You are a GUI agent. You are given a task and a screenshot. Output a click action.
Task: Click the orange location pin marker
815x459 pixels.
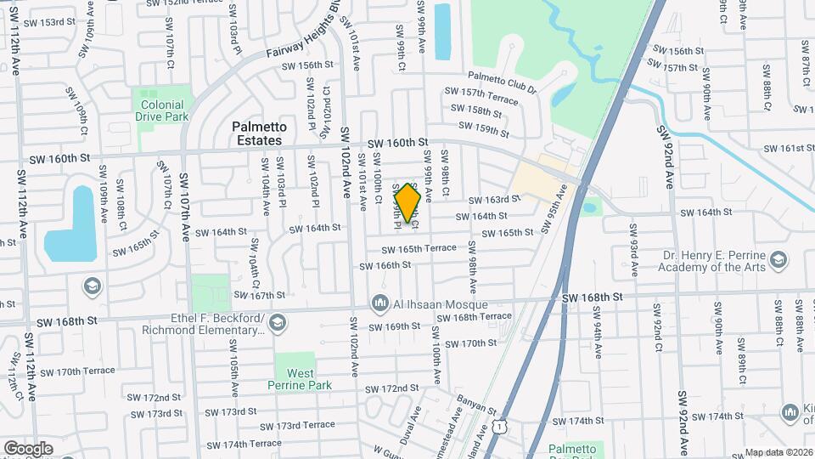(x=408, y=203)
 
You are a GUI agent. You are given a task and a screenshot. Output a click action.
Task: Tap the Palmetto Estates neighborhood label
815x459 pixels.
(x=259, y=133)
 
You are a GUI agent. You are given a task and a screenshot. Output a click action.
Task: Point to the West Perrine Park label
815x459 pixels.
(x=301, y=379)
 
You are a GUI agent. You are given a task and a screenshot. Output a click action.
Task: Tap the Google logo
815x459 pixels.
(x=28, y=448)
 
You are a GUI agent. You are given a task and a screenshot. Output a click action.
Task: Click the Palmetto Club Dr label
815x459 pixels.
(x=502, y=82)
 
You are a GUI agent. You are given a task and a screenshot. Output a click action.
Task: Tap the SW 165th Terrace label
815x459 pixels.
(x=419, y=249)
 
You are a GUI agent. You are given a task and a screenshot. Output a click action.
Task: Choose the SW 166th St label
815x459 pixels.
(x=385, y=265)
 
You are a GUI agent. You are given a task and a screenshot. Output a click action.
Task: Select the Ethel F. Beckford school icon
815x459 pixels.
(x=278, y=322)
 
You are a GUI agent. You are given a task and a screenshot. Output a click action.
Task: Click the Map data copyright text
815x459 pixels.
(x=779, y=452)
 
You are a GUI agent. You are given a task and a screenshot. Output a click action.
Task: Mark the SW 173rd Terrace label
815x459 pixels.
(x=297, y=425)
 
